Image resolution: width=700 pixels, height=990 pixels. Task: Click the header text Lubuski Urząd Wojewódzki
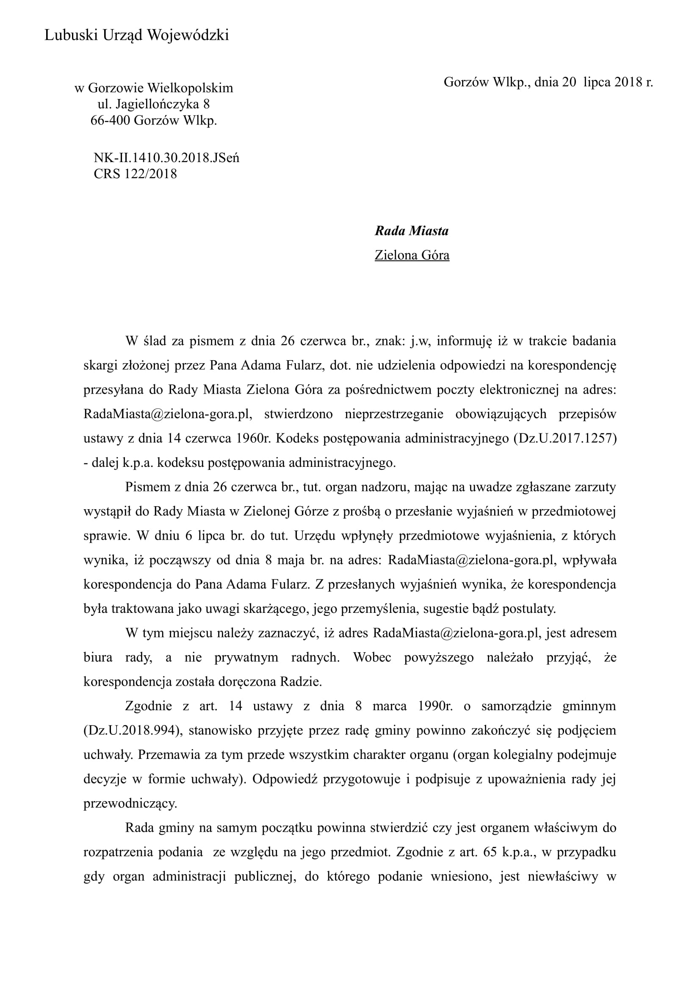click(x=137, y=36)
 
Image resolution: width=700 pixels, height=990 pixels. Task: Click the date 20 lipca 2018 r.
click(x=607, y=82)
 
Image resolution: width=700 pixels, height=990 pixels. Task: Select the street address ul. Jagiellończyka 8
click(x=154, y=105)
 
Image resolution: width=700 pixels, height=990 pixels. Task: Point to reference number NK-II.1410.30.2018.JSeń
click(x=166, y=158)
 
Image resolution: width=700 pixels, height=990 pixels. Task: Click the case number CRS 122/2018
click(x=136, y=174)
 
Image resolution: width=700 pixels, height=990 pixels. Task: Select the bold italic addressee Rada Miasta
click(x=412, y=231)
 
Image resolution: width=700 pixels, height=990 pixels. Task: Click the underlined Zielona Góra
click(x=412, y=255)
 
